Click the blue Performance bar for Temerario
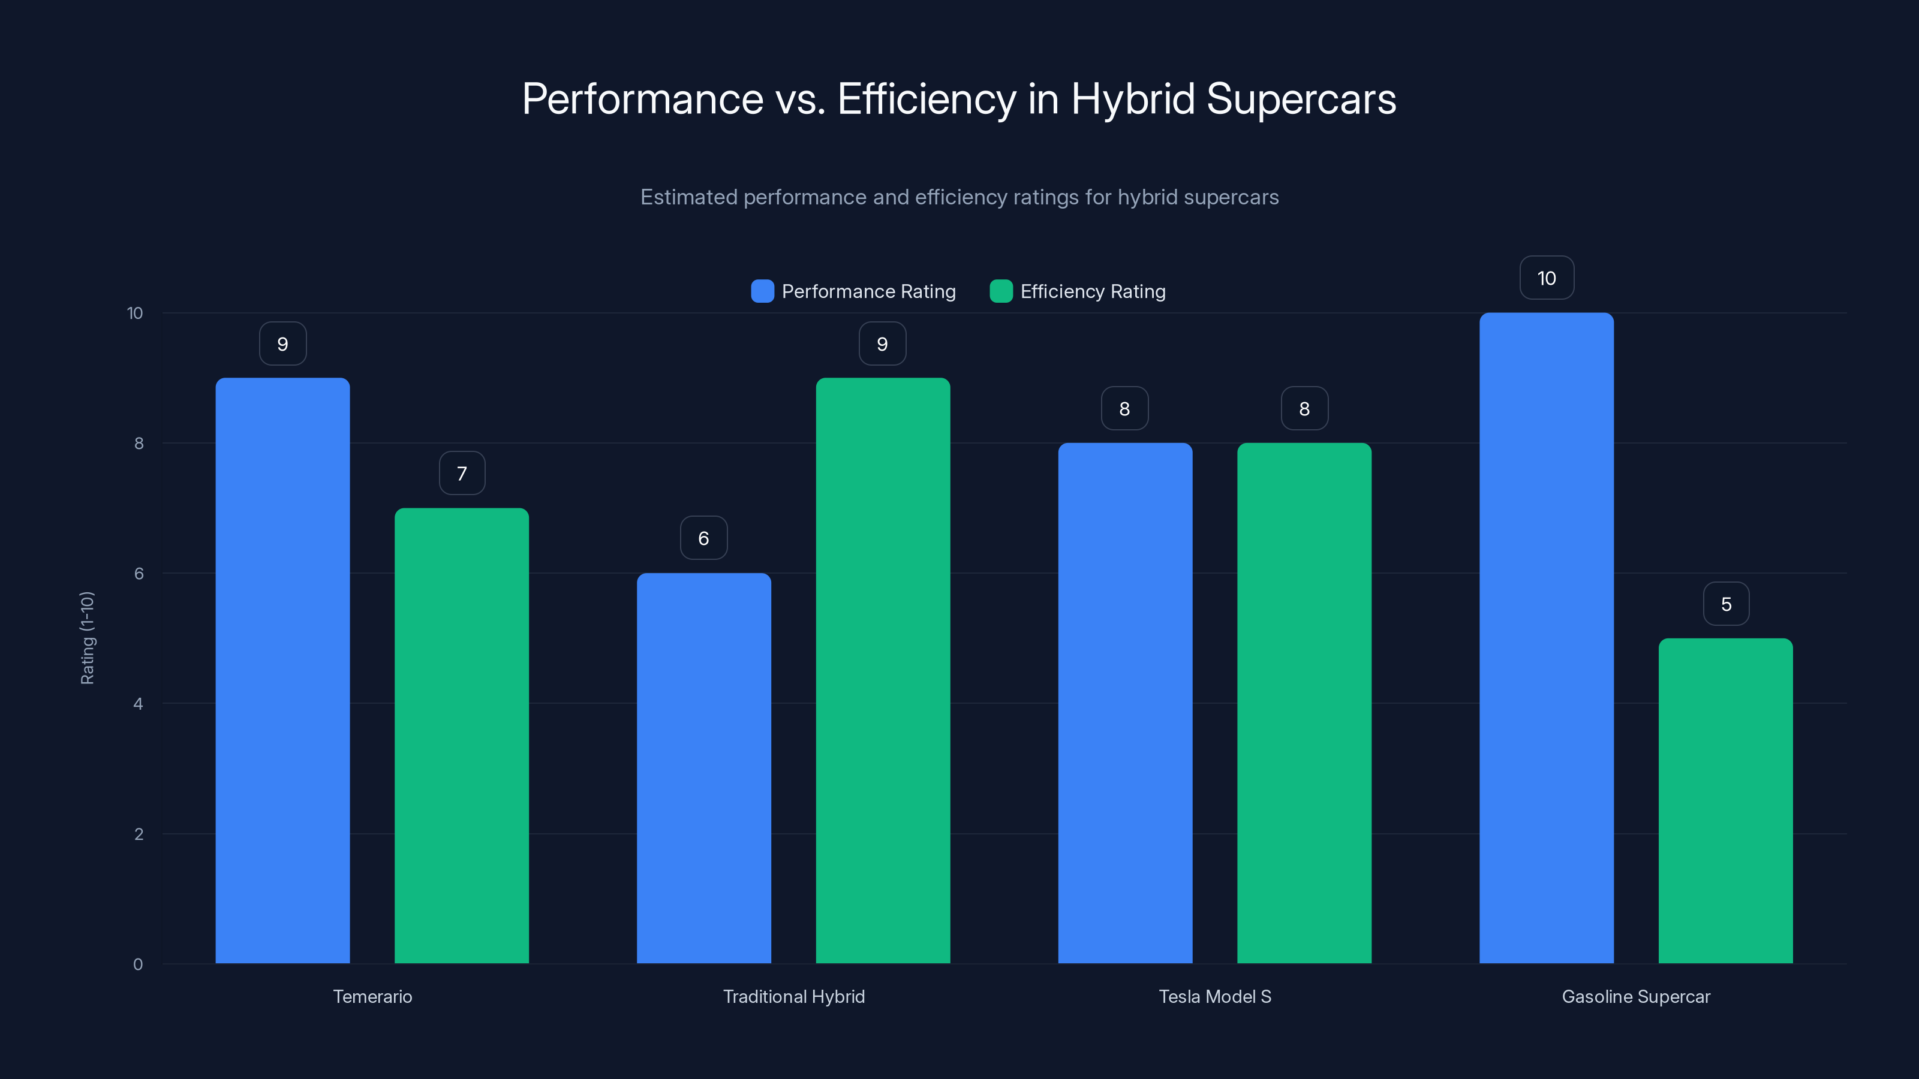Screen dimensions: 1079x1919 [282, 670]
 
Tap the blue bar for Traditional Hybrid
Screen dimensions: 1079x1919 [703, 768]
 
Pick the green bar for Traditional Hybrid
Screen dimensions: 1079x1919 [883, 670]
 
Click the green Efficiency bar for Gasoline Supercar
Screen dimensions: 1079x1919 [1725, 800]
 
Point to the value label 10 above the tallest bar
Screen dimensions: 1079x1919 [1547, 278]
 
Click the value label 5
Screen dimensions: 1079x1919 [1726, 604]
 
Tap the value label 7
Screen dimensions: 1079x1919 [462, 474]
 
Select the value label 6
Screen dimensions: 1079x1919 [703, 538]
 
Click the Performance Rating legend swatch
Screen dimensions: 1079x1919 [762, 291]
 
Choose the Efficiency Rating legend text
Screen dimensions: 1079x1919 [1092, 291]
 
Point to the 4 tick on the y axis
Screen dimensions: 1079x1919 [139, 704]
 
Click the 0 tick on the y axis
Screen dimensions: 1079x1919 [138, 965]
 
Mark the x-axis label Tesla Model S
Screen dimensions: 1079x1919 [1214, 996]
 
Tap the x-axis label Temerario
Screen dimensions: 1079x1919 [372, 996]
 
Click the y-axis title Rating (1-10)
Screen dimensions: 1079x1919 [87, 638]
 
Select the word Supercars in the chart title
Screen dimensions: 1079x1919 [1301, 99]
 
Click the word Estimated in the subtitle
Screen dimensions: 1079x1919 [688, 197]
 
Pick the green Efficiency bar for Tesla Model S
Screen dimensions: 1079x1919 [1304, 703]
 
